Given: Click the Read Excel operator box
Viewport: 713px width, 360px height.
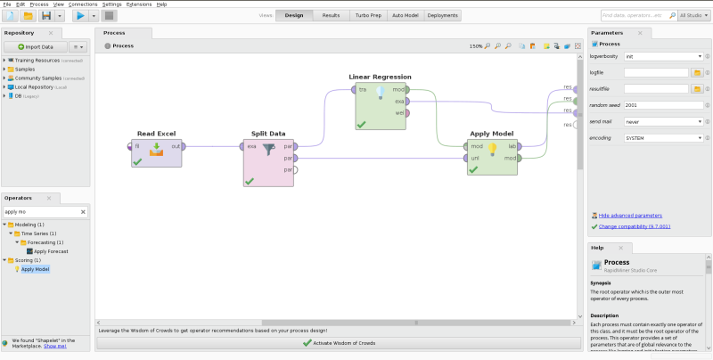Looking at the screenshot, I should click(157, 153).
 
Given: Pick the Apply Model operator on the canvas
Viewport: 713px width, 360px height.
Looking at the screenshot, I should click(492, 153).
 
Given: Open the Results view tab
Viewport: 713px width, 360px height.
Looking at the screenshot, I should click(331, 15).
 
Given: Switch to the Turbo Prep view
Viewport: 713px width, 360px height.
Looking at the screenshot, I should click(367, 15).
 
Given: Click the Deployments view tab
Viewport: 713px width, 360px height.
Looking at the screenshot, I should click(443, 15).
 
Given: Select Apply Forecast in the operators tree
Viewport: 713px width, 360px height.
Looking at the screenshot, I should click(52, 251).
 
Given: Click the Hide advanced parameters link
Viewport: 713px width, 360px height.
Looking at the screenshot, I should click(630, 216).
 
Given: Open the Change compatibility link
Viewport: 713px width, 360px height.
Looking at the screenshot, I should click(635, 226).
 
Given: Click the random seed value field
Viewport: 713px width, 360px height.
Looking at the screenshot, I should click(663, 105).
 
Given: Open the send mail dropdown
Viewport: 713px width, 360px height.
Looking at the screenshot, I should click(663, 121).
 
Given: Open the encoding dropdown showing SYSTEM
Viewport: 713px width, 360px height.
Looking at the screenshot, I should click(663, 138).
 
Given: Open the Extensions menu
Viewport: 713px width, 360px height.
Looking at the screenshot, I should click(139, 4).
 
